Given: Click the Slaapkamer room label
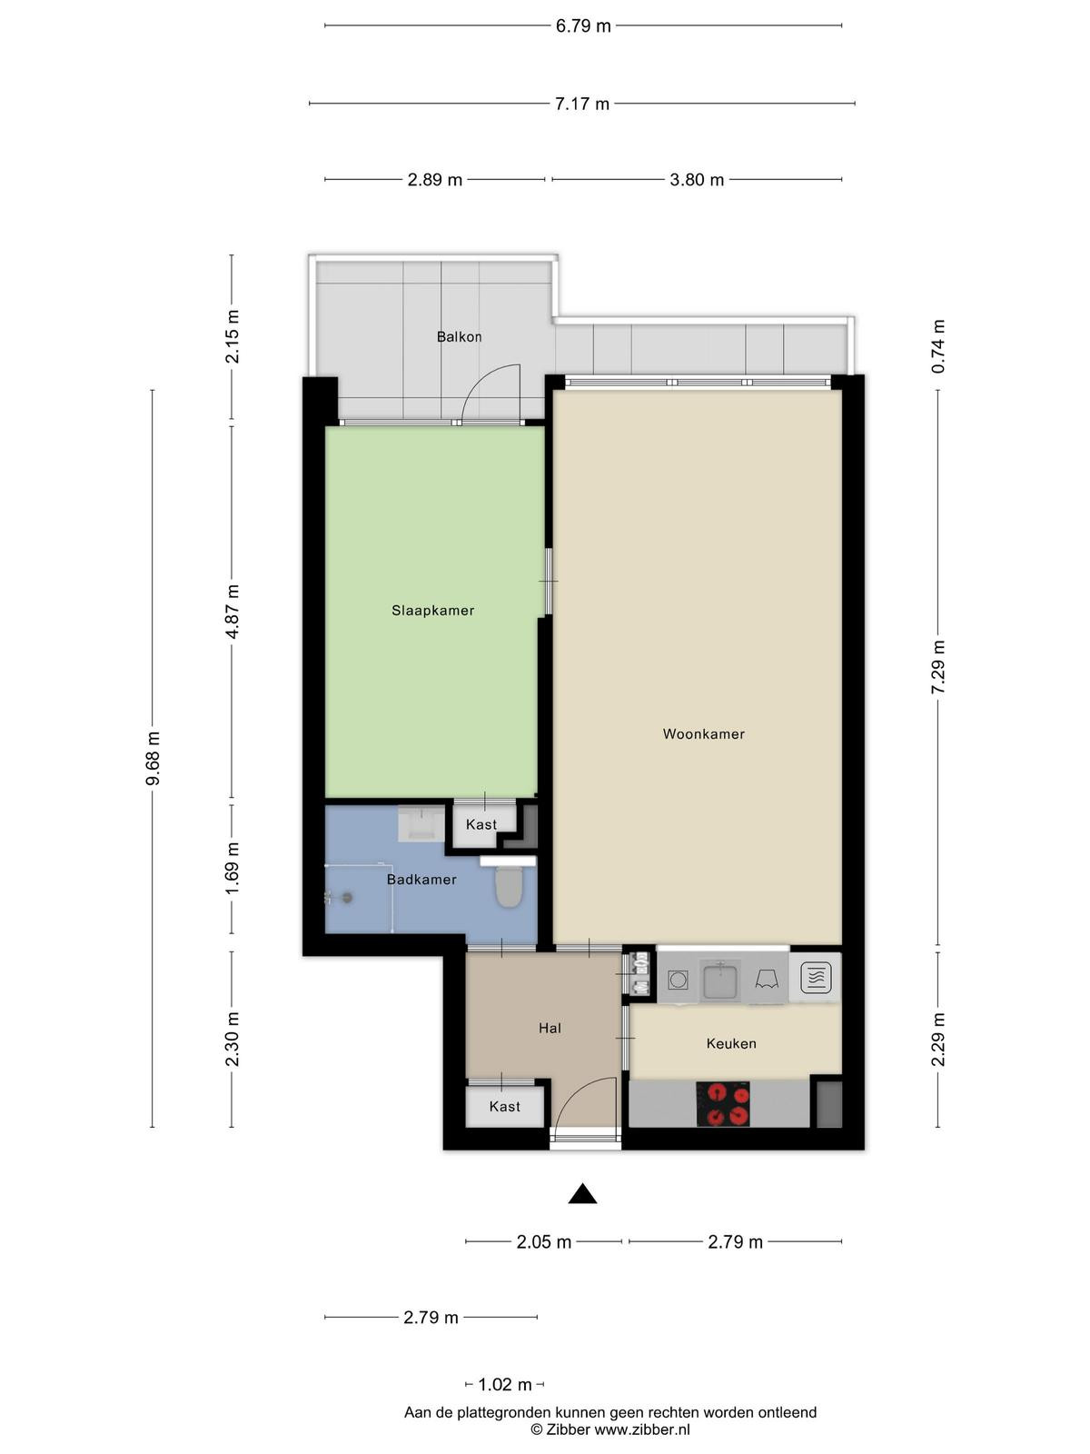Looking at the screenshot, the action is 433,610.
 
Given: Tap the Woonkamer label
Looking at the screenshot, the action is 703,733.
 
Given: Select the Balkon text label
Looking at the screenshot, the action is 460,336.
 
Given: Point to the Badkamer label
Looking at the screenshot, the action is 421,879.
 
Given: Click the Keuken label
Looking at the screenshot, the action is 730,1043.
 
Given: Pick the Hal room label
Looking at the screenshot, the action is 550,1028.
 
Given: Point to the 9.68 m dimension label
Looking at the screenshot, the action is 153,759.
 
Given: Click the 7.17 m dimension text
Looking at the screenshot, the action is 581,104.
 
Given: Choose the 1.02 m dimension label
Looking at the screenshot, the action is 504,1384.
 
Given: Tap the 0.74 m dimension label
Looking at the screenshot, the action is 937,346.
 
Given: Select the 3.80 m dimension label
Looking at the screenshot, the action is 696,180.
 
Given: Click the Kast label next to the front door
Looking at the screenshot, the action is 504,1106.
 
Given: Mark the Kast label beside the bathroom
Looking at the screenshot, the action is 481,824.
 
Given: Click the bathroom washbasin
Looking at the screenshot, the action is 421,823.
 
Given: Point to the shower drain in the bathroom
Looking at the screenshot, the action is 346,898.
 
